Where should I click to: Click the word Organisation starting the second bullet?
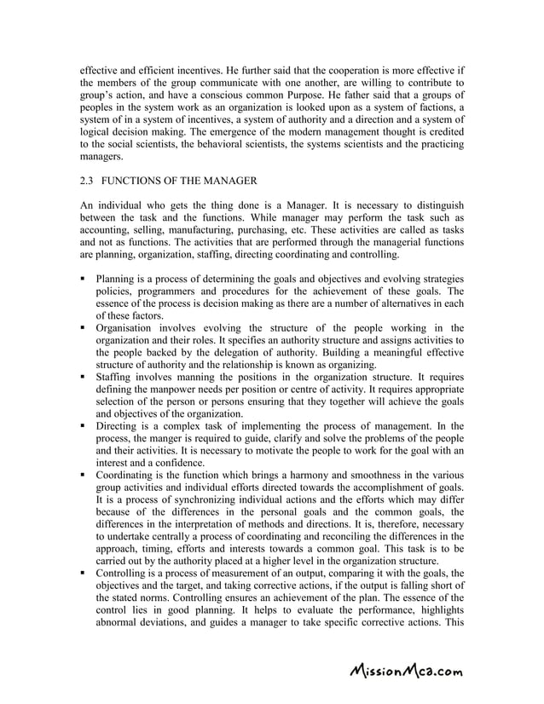coord(127,327)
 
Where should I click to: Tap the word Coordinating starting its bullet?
coord(128,473)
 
